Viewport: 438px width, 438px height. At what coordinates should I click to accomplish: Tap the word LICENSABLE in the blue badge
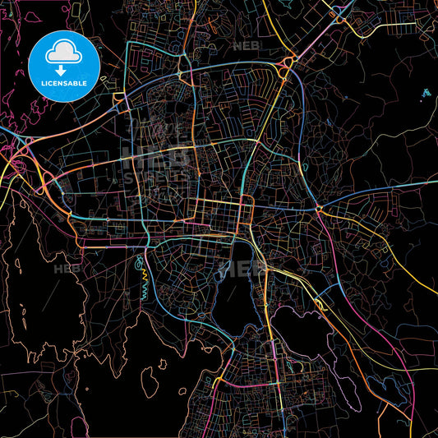(x=64, y=82)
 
